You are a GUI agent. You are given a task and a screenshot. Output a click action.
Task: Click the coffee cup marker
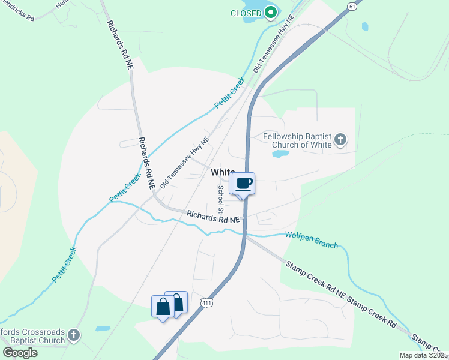(x=243, y=184)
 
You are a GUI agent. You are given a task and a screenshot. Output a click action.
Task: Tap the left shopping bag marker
(x=163, y=307)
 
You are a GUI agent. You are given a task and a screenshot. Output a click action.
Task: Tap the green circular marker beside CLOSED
(x=271, y=12)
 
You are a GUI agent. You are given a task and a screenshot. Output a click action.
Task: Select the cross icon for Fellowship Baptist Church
(x=340, y=140)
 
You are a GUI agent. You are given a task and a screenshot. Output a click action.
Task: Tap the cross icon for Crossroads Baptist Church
(x=73, y=335)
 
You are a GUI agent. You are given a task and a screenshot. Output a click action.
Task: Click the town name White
(x=223, y=172)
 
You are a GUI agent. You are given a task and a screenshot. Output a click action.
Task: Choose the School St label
(x=221, y=200)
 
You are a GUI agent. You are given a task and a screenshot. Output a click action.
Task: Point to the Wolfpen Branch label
(x=311, y=240)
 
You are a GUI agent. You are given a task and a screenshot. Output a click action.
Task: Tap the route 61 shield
(x=352, y=5)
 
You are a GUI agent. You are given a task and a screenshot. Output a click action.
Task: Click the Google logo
(x=20, y=352)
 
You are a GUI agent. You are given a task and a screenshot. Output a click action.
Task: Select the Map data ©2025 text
(x=424, y=355)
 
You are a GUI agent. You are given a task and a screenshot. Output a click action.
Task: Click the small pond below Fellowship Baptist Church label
(x=280, y=154)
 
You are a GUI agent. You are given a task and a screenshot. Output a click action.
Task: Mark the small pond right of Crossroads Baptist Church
(x=103, y=329)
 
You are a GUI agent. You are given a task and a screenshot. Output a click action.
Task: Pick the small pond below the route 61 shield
(x=364, y=26)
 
